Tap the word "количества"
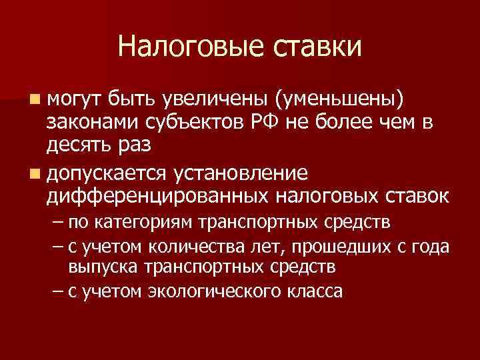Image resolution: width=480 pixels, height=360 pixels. [173, 246]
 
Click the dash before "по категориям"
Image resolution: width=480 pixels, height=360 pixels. [55, 222]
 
